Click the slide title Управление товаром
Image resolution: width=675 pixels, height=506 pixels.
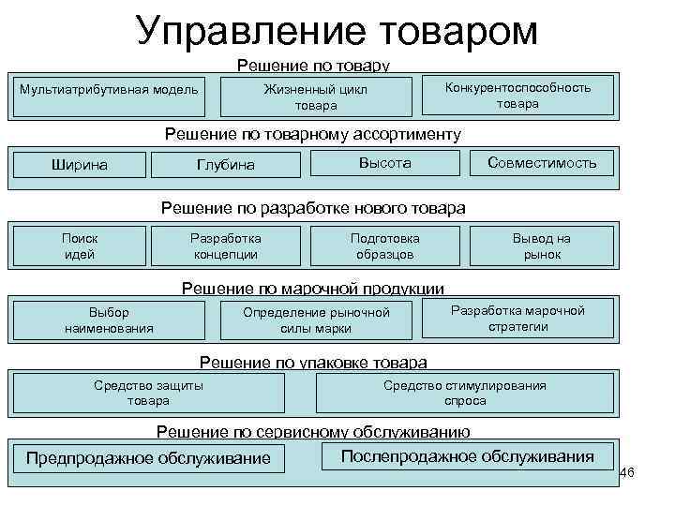(337, 30)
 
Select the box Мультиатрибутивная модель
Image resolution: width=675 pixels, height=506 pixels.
(110, 90)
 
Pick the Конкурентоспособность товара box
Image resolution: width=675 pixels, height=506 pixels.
(517, 95)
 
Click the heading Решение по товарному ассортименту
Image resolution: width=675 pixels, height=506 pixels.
(313, 134)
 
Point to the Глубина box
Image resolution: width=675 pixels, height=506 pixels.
(226, 165)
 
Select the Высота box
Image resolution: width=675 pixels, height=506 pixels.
(384, 163)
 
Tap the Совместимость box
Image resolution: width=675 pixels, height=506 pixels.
(542, 163)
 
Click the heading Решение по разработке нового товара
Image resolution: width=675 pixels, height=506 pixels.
(313, 207)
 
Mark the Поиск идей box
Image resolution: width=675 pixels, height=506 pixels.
(80, 246)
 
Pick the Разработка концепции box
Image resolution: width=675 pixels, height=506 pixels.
(226, 246)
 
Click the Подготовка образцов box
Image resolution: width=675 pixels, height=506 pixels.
(384, 246)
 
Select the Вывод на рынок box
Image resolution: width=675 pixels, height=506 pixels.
(542, 246)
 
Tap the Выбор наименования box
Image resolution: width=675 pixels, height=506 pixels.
(109, 320)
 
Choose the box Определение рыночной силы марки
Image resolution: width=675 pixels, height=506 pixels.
(316, 320)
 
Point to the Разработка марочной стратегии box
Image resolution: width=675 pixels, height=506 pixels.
(517, 319)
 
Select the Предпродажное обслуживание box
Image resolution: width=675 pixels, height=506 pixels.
(148, 458)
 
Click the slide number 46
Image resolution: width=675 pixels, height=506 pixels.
(627, 472)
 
